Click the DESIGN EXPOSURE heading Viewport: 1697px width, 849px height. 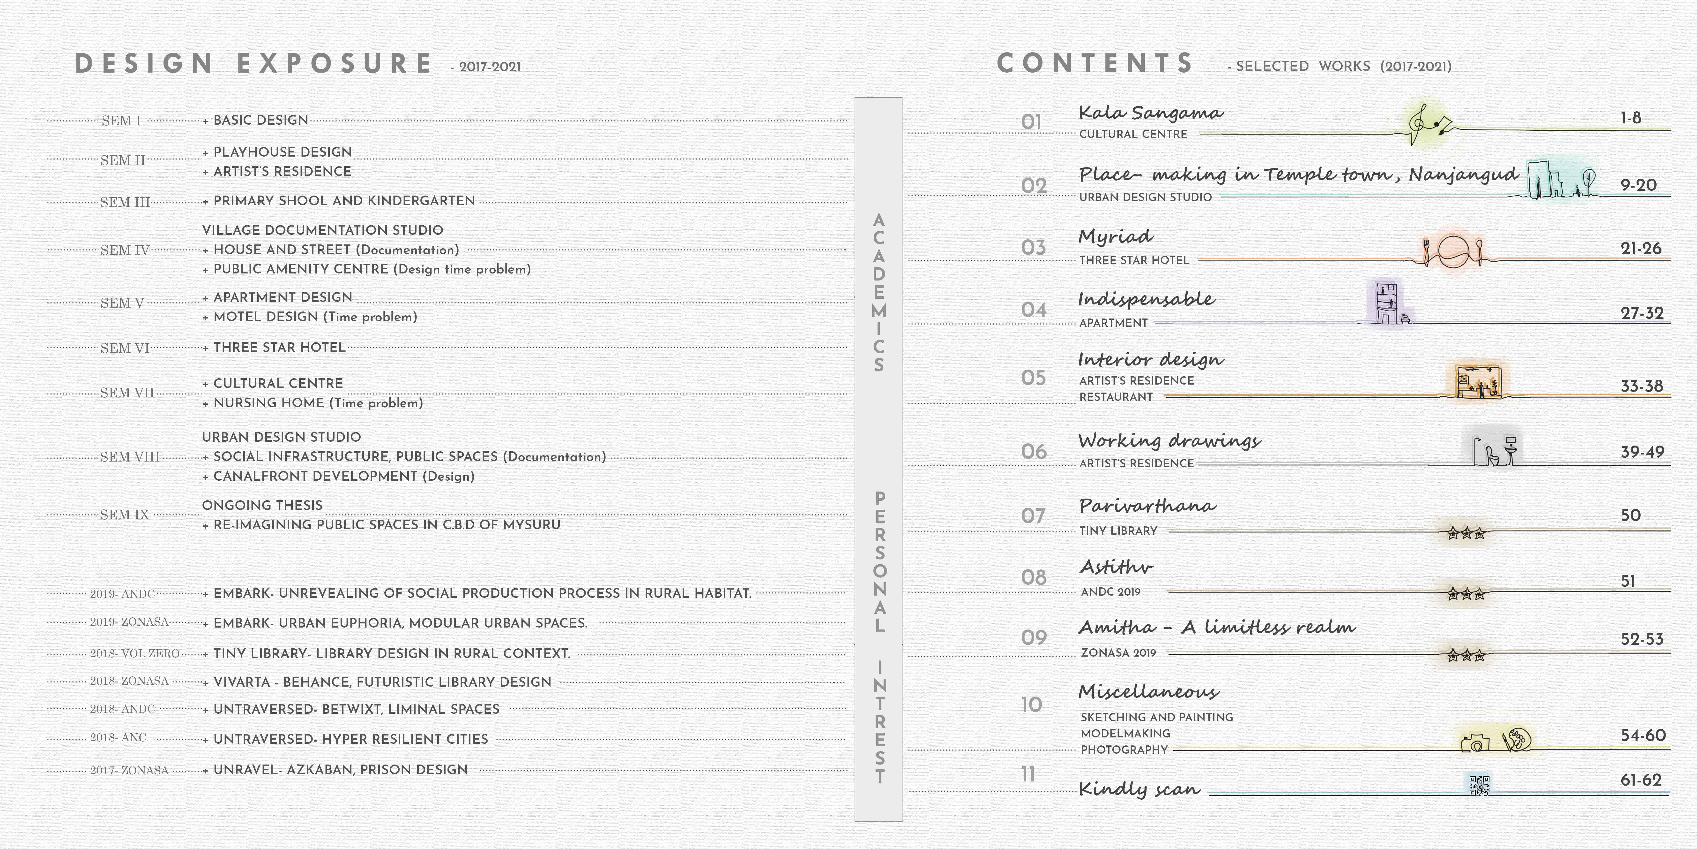coord(254,64)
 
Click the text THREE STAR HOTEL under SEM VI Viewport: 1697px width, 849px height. coord(279,347)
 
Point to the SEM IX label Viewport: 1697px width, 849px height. coord(125,515)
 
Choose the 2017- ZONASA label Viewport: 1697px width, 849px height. coord(129,770)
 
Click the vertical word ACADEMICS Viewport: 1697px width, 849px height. coord(879,292)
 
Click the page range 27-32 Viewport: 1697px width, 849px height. coord(1642,313)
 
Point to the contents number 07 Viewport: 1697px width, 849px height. coord(1033,515)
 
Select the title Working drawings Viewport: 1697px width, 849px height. coord(1169,440)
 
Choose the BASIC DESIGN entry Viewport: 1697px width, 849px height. coord(261,120)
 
